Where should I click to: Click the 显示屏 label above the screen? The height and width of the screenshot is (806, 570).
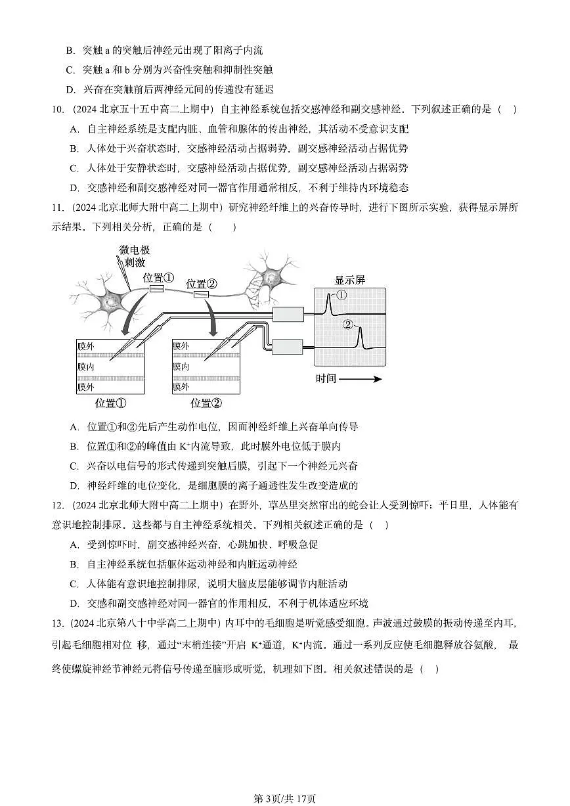[349, 280]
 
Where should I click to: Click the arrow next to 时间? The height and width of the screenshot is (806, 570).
[361, 379]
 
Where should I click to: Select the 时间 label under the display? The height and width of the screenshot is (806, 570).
[326, 379]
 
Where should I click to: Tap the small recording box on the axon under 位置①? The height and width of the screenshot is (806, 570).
[156, 289]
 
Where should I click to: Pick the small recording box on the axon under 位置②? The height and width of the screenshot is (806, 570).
[201, 294]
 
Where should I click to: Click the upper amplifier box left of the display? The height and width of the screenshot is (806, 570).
[288, 315]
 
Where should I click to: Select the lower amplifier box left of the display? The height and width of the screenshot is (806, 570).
[288, 345]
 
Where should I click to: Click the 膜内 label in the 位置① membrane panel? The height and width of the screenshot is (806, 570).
[86, 367]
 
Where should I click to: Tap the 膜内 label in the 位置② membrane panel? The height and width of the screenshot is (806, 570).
[181, 367]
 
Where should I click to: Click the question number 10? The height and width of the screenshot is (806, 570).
[57, 110]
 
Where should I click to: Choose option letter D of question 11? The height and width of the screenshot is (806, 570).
[74, 486]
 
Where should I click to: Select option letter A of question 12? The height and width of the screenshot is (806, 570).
[74, 545]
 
